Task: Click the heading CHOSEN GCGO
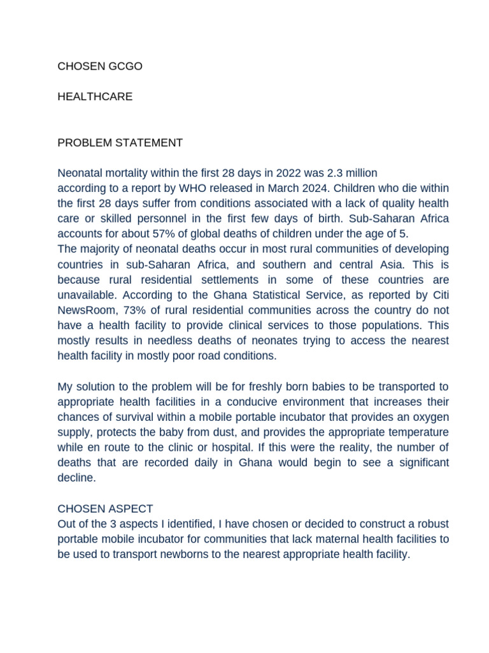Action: click(x=100, y=66)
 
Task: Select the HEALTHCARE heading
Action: click(x=95, y=97)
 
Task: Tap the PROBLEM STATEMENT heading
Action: click(x=120, y=143)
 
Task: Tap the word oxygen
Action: click(x=430, y=417)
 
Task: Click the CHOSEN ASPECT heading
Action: click(x=106, y=509)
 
